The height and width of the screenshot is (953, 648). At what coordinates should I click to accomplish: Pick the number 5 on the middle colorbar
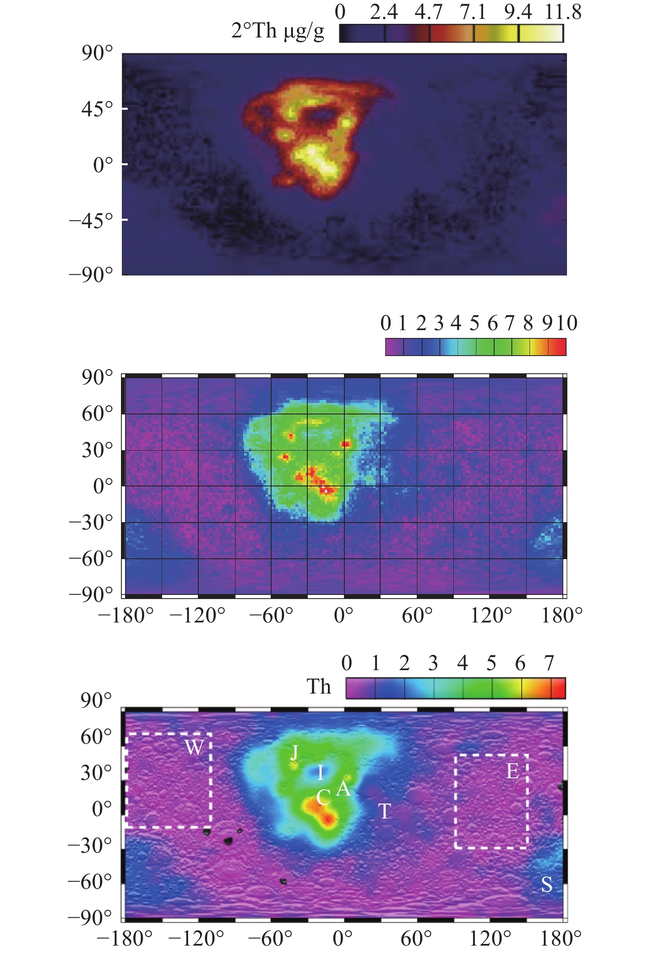tap(474, 323)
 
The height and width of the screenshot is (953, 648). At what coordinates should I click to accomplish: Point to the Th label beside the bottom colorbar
tap(319, 687)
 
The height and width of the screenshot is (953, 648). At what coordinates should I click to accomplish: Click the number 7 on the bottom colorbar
tap(549, 664)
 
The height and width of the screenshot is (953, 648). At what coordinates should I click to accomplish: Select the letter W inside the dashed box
tap(194, 747)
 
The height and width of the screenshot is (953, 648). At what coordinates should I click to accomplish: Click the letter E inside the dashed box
tap(512, 771)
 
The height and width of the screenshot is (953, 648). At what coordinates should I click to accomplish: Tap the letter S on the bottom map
tap(547, 884)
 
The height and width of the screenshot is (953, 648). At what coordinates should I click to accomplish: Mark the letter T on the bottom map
tap(384, 811)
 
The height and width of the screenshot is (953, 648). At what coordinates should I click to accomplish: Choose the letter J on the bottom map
tap(295, 752)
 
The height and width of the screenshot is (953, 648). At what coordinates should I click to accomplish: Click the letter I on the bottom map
tap(321, 773)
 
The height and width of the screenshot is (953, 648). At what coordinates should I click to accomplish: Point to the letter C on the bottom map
tap(323, 798)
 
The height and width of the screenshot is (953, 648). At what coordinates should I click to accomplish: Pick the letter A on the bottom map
tap(343, 788)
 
